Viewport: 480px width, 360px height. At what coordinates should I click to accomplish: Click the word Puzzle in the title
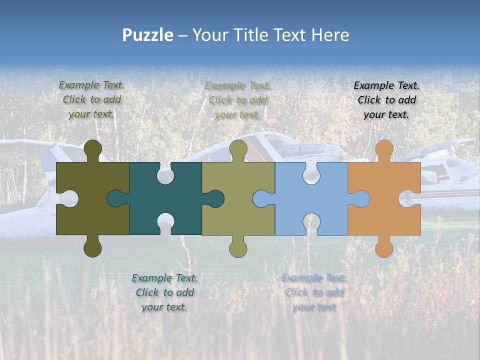pyautogui.click(x=148, y=35)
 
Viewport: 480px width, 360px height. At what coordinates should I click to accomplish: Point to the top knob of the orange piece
pyautogui.click(x=384, y=150)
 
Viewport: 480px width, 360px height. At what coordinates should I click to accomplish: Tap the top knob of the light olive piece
pyautogui.click(x=238, y=150)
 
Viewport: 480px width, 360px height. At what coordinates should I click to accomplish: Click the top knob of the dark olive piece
pyautogui.click(x=92, y=150)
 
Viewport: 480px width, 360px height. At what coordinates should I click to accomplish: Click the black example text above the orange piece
pyautogui.click(x=386, y=100)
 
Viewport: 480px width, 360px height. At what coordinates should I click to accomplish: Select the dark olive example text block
pyautogui.click(x=92, y=100)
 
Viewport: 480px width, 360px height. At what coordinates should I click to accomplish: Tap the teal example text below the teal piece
pyautogui.click(x=164, y=292)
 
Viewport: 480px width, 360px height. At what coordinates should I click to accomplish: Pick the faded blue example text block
pyautogui.click(x=313, y=292)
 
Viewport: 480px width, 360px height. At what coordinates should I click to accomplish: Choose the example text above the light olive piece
pyautogui.click(x=237, y=100)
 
